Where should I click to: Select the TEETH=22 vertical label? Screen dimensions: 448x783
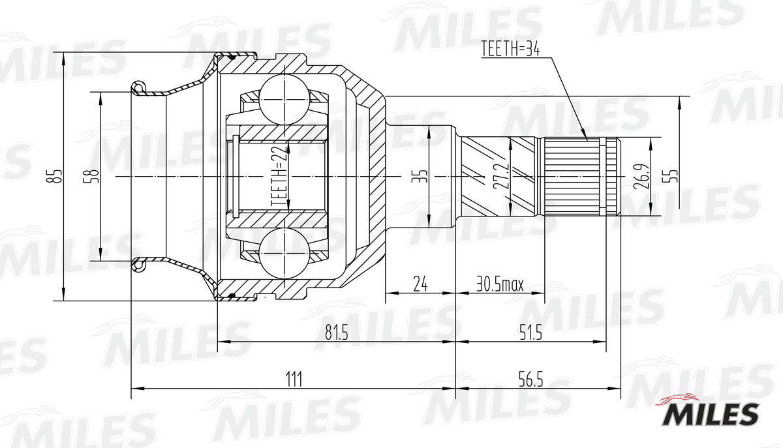click(279, 177)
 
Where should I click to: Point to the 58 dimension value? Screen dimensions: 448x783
click(93, 176)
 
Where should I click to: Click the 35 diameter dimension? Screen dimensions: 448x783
click(422, 176)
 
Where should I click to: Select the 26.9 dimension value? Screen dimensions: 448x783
click(641, 177)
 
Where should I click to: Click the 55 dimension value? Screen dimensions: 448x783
click(673, 176)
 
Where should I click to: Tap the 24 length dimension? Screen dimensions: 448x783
click(421, 284)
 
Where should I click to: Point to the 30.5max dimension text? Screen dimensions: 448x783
click(500, 284)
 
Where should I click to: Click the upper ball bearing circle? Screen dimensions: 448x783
click(284, 98)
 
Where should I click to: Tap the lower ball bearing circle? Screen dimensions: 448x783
click(284, 254)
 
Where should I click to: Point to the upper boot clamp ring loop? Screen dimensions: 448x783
click(138, 87)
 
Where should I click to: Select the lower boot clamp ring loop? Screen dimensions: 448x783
click(138, 265)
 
